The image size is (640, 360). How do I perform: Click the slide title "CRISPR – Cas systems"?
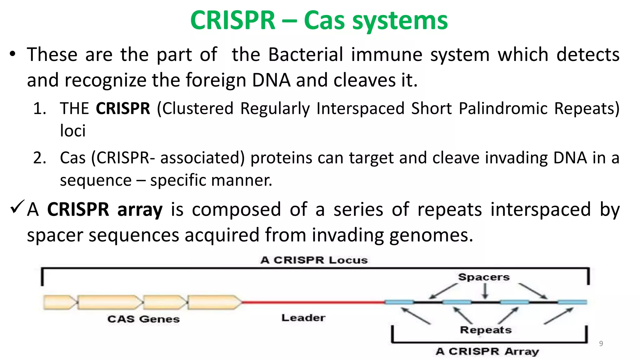pyautogui.click(x=319, y=20)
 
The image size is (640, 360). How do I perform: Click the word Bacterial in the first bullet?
pyautogui.click(x=306, y=55)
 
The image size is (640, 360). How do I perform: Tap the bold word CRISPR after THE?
pyautogui.click(x=123, y=109)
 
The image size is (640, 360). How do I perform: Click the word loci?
pyautogui.click(x=72, y=131)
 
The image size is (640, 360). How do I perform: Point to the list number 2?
pyautogui.click(x=39, y=158)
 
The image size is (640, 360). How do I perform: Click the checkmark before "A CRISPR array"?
pyautogui.click(x=17, y=207)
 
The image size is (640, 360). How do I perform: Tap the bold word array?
pyautogui.click(x=140, y=209)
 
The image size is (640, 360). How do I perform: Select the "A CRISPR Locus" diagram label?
pyautogui.click(x=314, y=260)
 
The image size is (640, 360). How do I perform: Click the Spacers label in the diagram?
pyautogui.click(x=484, y=277)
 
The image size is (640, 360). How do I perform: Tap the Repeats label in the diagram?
pyautogui.click(x=486, y=330)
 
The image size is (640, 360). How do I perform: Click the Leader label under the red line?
pyautogui.click(x=303, y=318)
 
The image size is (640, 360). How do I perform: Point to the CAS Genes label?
pyautogui.click(x=143, y=319)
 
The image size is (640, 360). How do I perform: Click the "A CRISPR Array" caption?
pyautogui.click(x=487, y=351)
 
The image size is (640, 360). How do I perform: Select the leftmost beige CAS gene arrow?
pyautogui.click(x=59, y=302)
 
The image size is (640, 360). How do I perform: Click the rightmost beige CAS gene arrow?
pyautogui.click(x=214, y=302)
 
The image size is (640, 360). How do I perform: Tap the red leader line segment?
pyautogui.click(x=312, y=302)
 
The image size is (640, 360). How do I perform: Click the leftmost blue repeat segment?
pyautogui.click(x=399, y=302)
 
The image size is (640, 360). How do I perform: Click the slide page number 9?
pyautogui.click(x=601, y=344)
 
